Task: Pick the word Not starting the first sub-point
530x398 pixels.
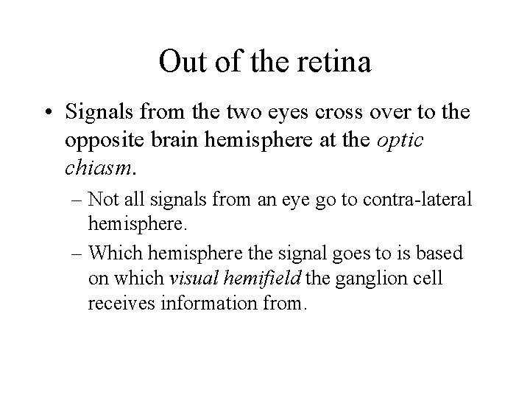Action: point(104,199)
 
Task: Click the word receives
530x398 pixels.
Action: point(120,303)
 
